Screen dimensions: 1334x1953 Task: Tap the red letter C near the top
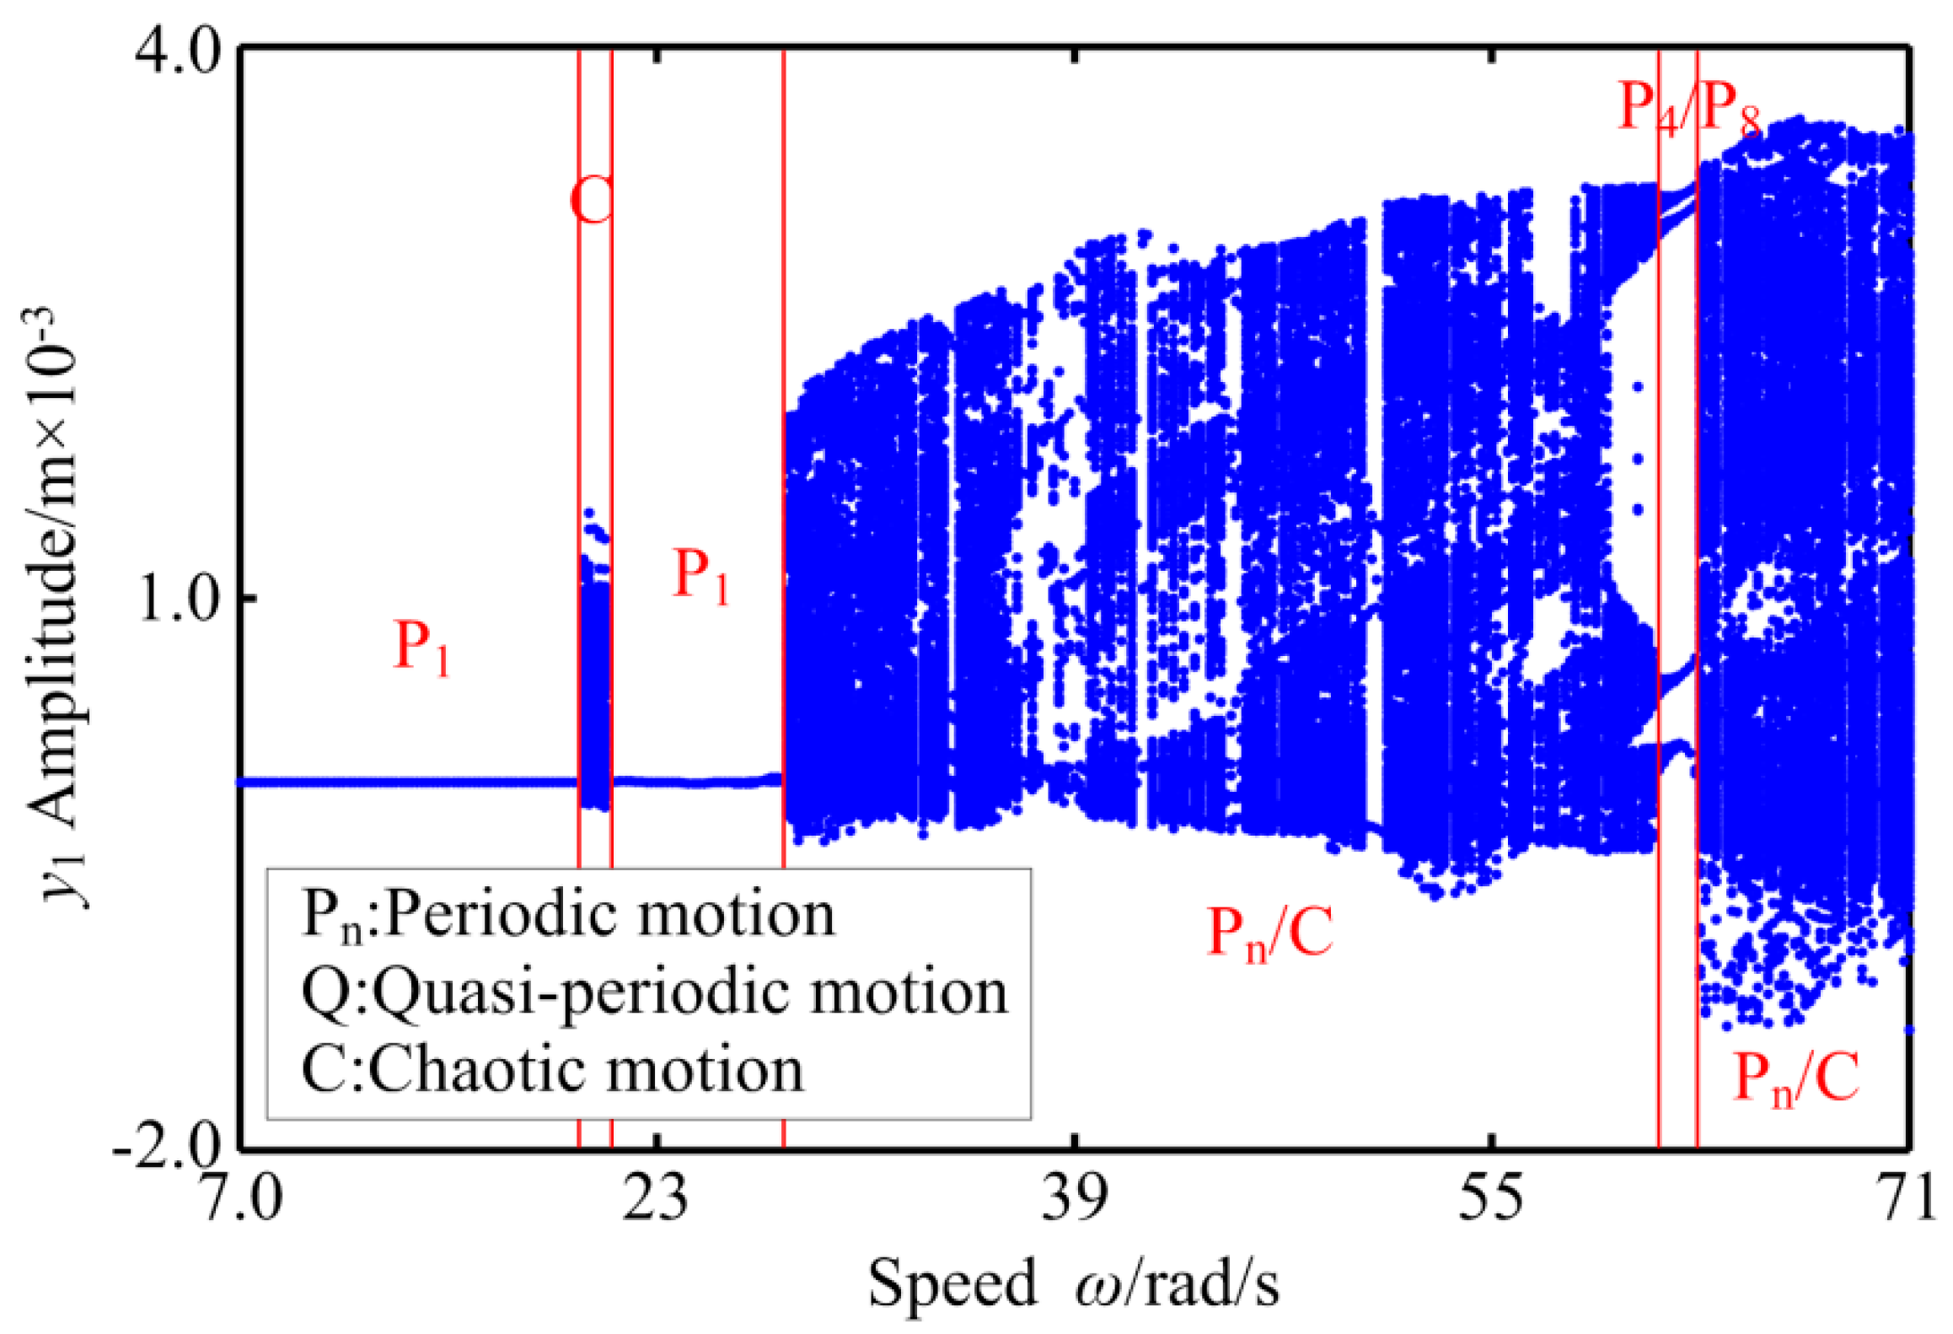593,201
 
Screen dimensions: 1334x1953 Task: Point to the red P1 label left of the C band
421,648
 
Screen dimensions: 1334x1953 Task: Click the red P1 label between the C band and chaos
700,576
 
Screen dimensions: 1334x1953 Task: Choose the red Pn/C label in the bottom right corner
1795,1079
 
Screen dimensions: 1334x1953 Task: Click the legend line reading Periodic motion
569,915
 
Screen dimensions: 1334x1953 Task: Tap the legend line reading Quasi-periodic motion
654,992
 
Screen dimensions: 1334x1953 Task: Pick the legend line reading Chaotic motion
553,1070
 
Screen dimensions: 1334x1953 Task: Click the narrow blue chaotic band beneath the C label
596,691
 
